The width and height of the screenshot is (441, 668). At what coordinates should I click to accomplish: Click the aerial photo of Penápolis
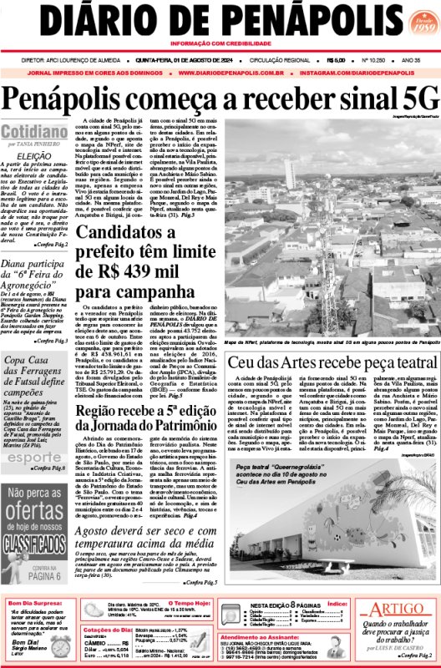click(332, 225)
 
